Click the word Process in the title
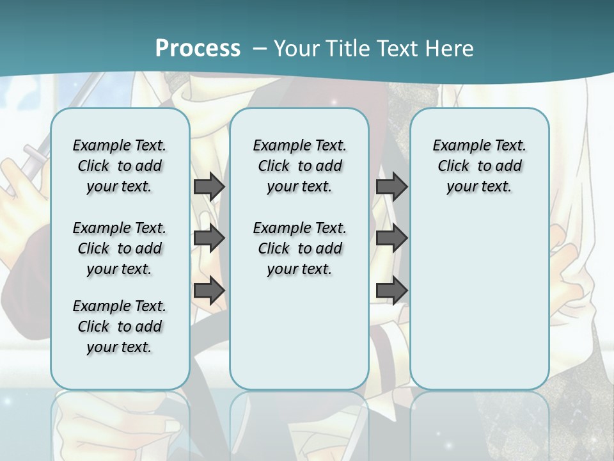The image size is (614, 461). click(198, 48)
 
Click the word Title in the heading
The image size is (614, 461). click(345, 48)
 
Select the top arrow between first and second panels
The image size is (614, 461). click(209, 186)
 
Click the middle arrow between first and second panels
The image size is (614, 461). click(209, 238)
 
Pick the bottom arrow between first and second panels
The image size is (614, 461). click(209, 290)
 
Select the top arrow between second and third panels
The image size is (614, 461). click(392, 186)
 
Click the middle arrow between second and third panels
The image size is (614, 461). click(392, 238)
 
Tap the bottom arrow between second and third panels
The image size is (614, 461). click(392, 290)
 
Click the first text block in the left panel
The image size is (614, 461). click(120, 166)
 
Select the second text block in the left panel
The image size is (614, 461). click(120, 248)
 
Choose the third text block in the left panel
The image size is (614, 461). click(120, 327)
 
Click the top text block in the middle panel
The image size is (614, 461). click(299, 166)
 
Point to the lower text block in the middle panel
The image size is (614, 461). click(299, 248)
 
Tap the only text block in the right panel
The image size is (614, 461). click(480, 166)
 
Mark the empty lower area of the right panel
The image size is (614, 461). click(480, 295)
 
